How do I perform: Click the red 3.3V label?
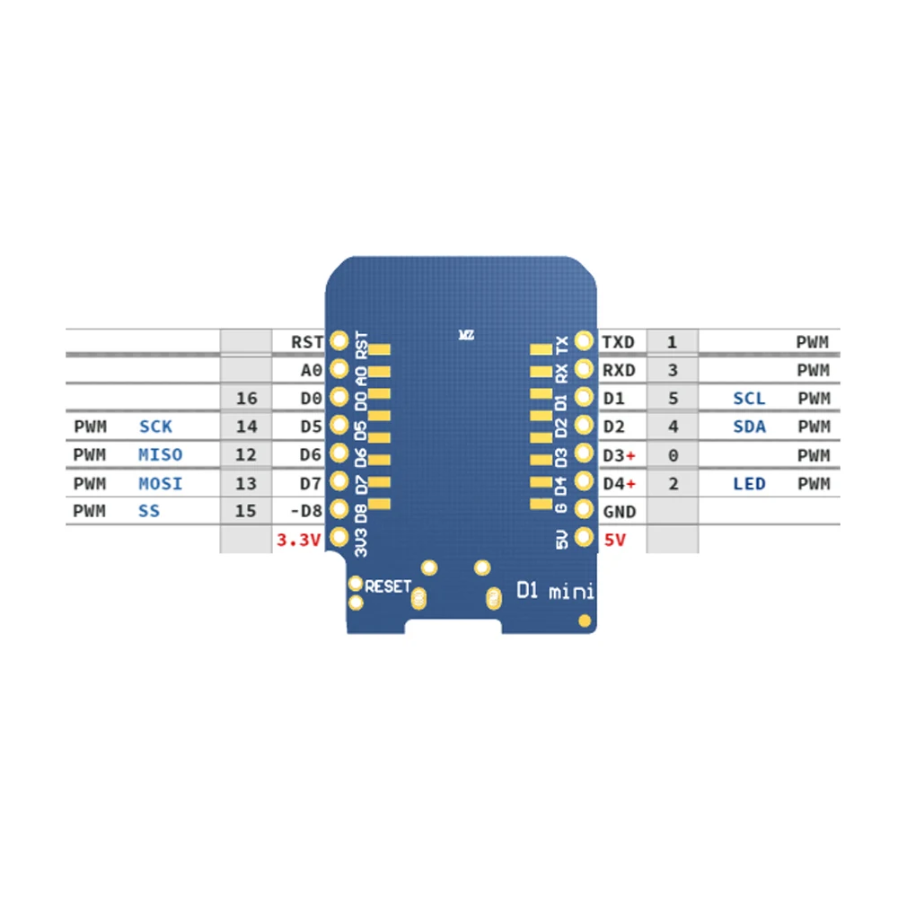pos(297,540)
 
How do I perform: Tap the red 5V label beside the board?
pos(617,540)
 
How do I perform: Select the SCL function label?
pos(749,398)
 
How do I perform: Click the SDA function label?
pos(749,427)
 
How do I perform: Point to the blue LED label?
pos(749,483)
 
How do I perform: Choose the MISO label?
pos(161,454)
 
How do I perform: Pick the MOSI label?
pos(161,483)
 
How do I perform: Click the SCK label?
pos(155,427)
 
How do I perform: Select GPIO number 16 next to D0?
pos(246,398)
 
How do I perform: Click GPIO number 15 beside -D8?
pos(246,511)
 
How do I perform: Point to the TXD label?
pos(618,341)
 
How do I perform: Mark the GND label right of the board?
pos(620,511)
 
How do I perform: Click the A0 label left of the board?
pos(311,369)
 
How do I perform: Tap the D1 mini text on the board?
pos(553,590)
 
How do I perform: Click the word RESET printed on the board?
pos(388,586)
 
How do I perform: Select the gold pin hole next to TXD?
pos(584,341)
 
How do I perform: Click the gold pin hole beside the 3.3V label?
pos(339,538)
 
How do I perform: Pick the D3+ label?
pos(620,454)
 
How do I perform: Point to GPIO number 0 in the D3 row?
pos(673,454)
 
